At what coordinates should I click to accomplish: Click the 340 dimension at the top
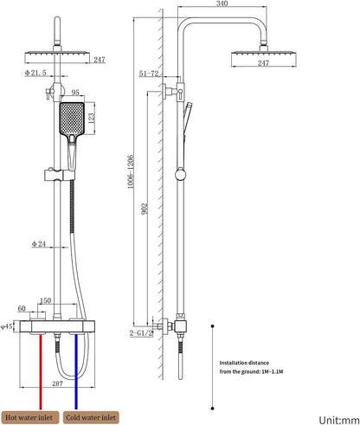222,3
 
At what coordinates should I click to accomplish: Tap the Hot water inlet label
29,417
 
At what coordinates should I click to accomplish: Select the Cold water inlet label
91,417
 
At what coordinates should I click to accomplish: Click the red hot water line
41,371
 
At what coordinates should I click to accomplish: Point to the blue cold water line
76,371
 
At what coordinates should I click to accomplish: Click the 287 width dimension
57,383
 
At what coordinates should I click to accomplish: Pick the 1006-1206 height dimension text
131,171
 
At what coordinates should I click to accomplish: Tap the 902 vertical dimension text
145,209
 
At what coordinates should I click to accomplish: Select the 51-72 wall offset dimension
149,74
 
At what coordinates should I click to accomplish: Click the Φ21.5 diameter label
35,73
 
